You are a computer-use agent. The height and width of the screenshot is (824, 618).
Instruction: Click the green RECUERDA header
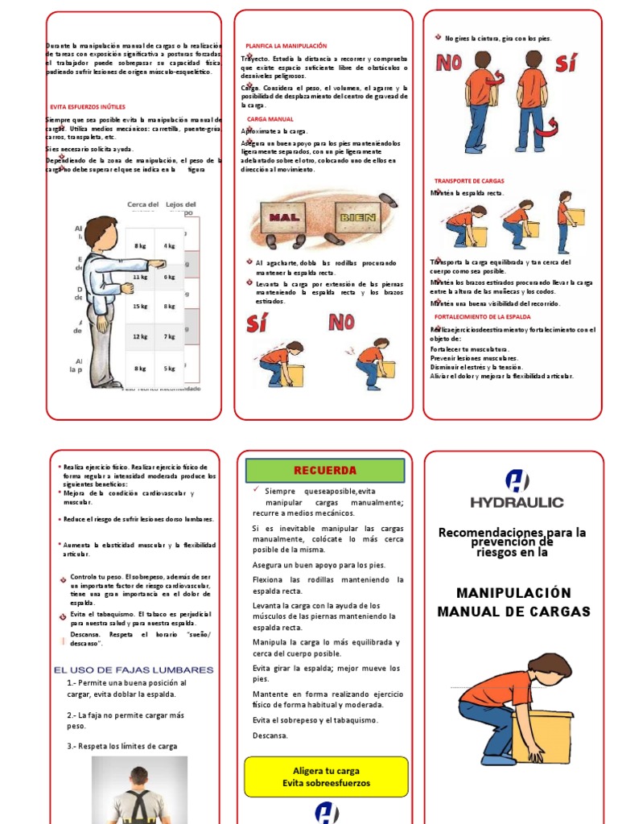(x=325, y=470)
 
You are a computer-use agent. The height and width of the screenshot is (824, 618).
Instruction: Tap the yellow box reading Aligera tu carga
(x=326, y=777)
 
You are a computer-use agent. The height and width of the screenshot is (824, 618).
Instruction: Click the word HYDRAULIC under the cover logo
(x=517, y=502)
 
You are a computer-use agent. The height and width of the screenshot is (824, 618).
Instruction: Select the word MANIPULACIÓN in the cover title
(x=513, y=593)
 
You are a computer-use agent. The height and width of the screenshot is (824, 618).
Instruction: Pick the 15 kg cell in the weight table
(x=141, y=307)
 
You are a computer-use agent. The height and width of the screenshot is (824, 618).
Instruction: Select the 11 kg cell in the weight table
(x=141, y=277)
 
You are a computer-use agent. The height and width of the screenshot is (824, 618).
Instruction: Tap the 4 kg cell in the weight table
(x=170, y=245)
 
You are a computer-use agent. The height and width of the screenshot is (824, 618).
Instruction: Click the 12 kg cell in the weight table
(x=141, y=337)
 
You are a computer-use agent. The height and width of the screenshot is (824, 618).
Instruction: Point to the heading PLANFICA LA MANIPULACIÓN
(x=286, y=46)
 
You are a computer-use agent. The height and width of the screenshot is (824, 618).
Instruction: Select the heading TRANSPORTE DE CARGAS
(x=469, y=180)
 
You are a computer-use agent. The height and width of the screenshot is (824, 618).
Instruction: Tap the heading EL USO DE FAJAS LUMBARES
(x=134, y=669)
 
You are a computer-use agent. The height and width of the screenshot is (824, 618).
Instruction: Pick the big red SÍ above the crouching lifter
(x=257, y=323)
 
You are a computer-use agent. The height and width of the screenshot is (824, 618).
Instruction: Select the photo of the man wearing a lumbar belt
(x=139, y=790)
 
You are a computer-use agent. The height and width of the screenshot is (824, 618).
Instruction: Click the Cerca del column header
(x=142, y=204)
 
